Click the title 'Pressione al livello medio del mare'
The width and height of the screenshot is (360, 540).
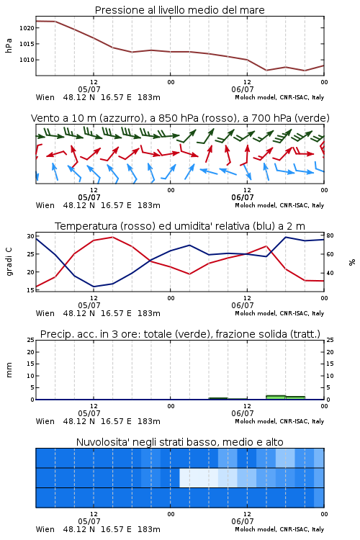[x=179, y=10]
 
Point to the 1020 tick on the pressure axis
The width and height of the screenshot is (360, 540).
[x=27, y=28]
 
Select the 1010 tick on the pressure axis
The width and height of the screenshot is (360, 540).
[x=27, y=60]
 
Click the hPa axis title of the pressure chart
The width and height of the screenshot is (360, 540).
[x=9, y=45]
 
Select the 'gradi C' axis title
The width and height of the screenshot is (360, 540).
[x=9, y=262]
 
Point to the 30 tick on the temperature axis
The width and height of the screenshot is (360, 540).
[x=30, y=236]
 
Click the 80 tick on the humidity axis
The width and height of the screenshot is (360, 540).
[x=330, y=236]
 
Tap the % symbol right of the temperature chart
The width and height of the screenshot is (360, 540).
[x=352, y=262]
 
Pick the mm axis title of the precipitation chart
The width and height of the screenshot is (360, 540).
[x=9, y=370]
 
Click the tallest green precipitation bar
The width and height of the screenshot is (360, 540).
[x=276, y=397]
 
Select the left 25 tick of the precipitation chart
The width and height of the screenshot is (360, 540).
[x=30, y=340]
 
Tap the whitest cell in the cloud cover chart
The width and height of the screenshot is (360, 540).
[x=199, y=477]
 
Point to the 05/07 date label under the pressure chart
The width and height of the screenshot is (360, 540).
[x=89, y=89]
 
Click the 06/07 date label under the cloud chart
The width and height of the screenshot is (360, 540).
[x=243, y=522]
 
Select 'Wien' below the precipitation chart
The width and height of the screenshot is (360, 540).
[x=45, y=421]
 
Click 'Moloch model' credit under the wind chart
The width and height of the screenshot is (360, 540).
[x=256, y=206]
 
